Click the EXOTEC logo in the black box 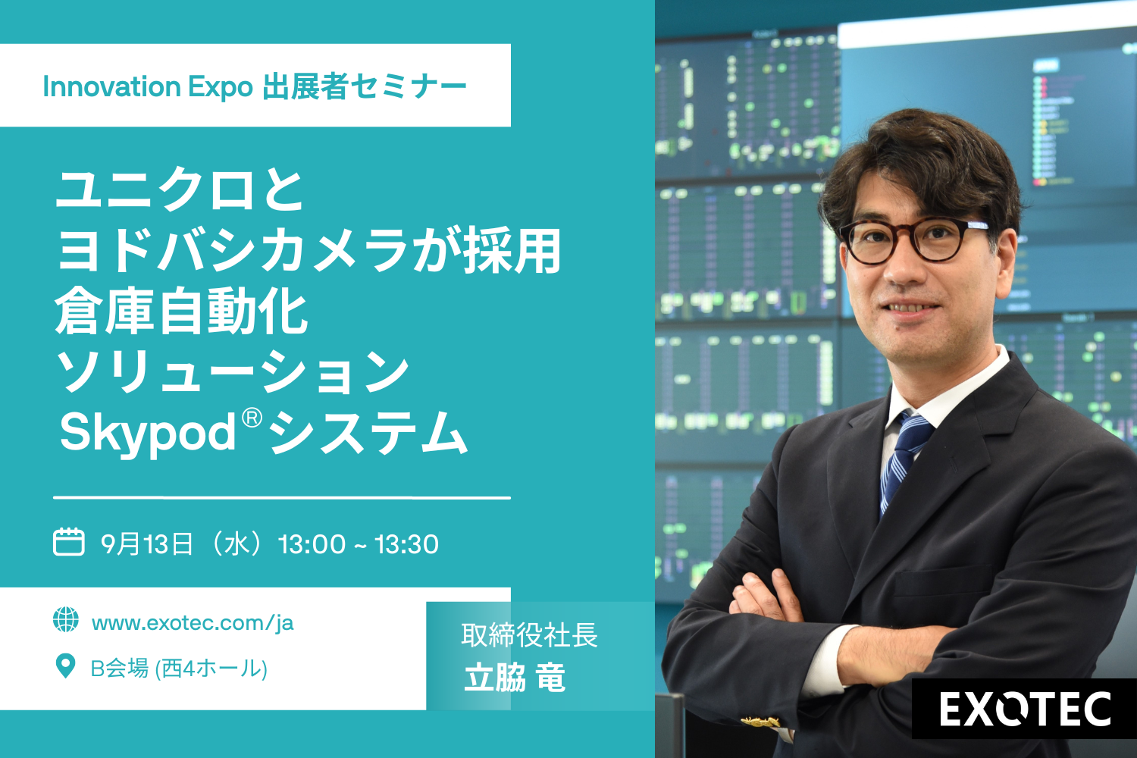[x=1025, y=709]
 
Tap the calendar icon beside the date [x=68, y=542]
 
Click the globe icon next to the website [x=66, y=619]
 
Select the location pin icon [x=65, y=666]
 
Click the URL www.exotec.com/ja [x=193, y=623]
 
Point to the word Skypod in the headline [x=148, y=433]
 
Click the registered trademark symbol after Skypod [x=252, y=418]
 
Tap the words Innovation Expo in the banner [x=148, y=87]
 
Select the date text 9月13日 [x=147, y=543]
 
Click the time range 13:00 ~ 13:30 [x=359, y=544]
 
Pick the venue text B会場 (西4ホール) [x=179, y=668]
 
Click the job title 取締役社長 [x=529, y=635]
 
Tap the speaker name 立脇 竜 [x=515, y=678]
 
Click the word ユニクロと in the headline [x=179, y=190]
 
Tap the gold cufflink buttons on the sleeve [x=760, y=722]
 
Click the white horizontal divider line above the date [x=282, y=497]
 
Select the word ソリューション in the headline [x=232, y=372]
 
